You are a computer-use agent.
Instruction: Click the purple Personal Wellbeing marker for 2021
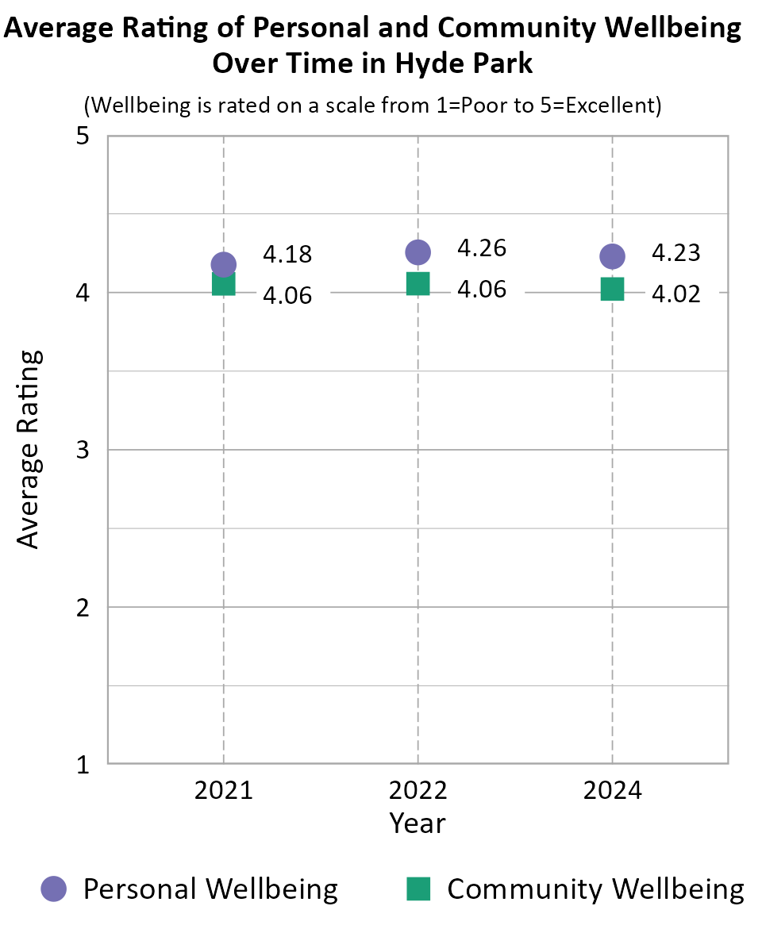point(223,264)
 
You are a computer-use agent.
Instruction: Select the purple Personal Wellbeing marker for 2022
point(418,251)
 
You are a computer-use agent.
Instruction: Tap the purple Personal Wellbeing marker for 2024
point(612,256)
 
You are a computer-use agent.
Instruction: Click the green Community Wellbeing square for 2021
point(223,284)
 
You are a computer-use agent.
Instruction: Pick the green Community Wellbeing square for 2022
point(418,283)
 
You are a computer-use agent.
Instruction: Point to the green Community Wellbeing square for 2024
point(612,290)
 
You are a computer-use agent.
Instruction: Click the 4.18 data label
point(287,255)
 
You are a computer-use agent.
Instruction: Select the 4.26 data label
point(482,248)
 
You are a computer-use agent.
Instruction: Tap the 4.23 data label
point(676,253)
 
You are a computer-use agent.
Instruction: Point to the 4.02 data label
point(676,294)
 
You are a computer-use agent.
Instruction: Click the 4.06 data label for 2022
point(482,290)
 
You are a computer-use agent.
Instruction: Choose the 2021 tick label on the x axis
point(223,790)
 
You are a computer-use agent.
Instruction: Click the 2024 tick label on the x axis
point(612,790)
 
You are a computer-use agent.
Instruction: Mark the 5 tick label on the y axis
point(81,136)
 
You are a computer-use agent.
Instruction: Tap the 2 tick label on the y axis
point(81,608)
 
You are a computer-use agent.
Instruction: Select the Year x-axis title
point(418,823)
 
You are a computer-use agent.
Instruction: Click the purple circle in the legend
point(54,889)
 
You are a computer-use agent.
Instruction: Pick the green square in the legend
point(418,889)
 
